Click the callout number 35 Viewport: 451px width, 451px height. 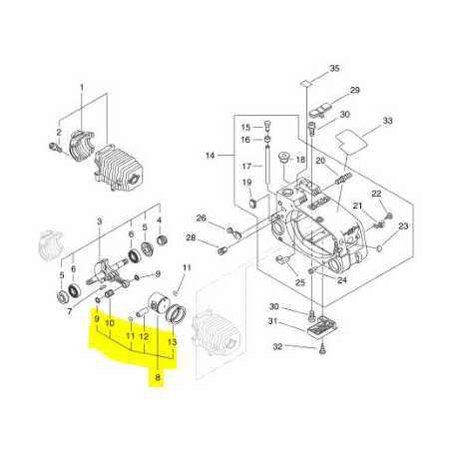click(x=334, y=68)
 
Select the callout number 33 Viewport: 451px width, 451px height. click(x=388, y=121)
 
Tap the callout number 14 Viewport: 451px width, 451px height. click(x=211, y=156)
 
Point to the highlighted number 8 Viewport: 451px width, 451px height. click(x=158, y=377)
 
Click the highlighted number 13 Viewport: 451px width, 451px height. click(x=172, y=341)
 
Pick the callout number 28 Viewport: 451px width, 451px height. click(x=191, y=237)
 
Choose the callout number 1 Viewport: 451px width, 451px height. click(x=82, y=88)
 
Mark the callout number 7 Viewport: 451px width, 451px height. click(x=70, y=311)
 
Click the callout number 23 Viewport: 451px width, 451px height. click(x=403, y=226)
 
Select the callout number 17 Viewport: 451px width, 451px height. click(x=246, y=166)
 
